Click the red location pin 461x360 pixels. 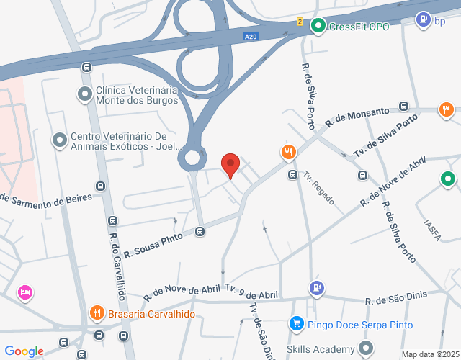click(x=230, y=164)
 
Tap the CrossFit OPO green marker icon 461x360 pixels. click(x=318, y=26)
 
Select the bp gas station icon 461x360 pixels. click(x=423, y=20)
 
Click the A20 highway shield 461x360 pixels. click(x=250, y=37)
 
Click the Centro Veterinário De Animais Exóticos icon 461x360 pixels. click(x=59, y=139)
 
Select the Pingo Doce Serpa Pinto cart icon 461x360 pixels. click(x=296, y=324)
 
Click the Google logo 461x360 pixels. click(x=24, y=351)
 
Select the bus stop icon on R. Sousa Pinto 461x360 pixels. click(x=200, y=231)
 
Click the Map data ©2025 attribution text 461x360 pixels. click(x=430, y=354)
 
